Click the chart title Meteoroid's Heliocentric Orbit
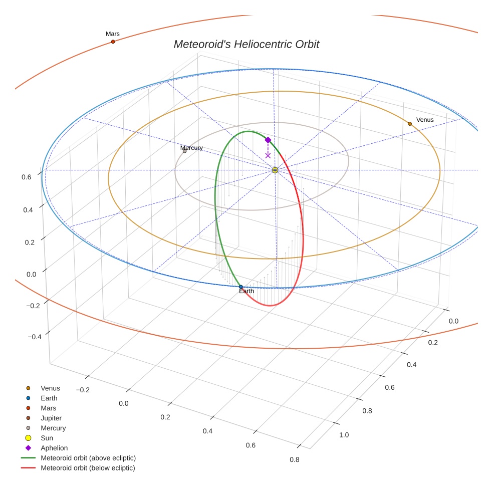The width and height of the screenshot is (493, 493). [246, 45]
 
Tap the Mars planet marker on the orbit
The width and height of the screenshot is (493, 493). [113, 42]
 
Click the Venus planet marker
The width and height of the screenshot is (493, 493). [409, 123]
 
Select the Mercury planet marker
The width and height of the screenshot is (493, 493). [184, 151]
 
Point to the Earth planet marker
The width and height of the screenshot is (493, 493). [241, 287]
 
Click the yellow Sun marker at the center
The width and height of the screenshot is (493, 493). [275, 170]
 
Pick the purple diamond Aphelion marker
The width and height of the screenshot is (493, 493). [268, 140]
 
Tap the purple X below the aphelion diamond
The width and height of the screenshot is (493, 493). [268, 155]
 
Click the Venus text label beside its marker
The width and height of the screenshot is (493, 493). [425, 120]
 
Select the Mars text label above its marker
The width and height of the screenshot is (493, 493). [113, 34]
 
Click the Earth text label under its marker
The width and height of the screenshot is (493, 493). [246, 291]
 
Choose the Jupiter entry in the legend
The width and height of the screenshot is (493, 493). [51, 418]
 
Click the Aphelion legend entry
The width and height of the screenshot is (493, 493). [54, 448]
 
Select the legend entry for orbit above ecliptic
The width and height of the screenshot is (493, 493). [88, 458]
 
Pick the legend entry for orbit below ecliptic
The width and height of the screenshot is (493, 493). [88, 468]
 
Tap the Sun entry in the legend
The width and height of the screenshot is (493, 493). [47, 438]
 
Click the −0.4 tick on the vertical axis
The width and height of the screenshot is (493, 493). [34, 337]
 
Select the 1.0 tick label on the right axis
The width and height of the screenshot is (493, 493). [344, 434]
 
